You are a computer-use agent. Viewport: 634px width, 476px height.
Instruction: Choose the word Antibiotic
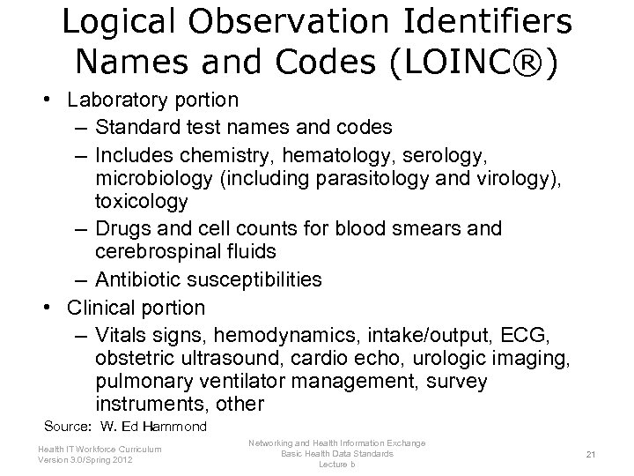[x=139, y=279]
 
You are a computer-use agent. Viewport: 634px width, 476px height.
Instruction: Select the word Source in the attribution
[x=68, y=427]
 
